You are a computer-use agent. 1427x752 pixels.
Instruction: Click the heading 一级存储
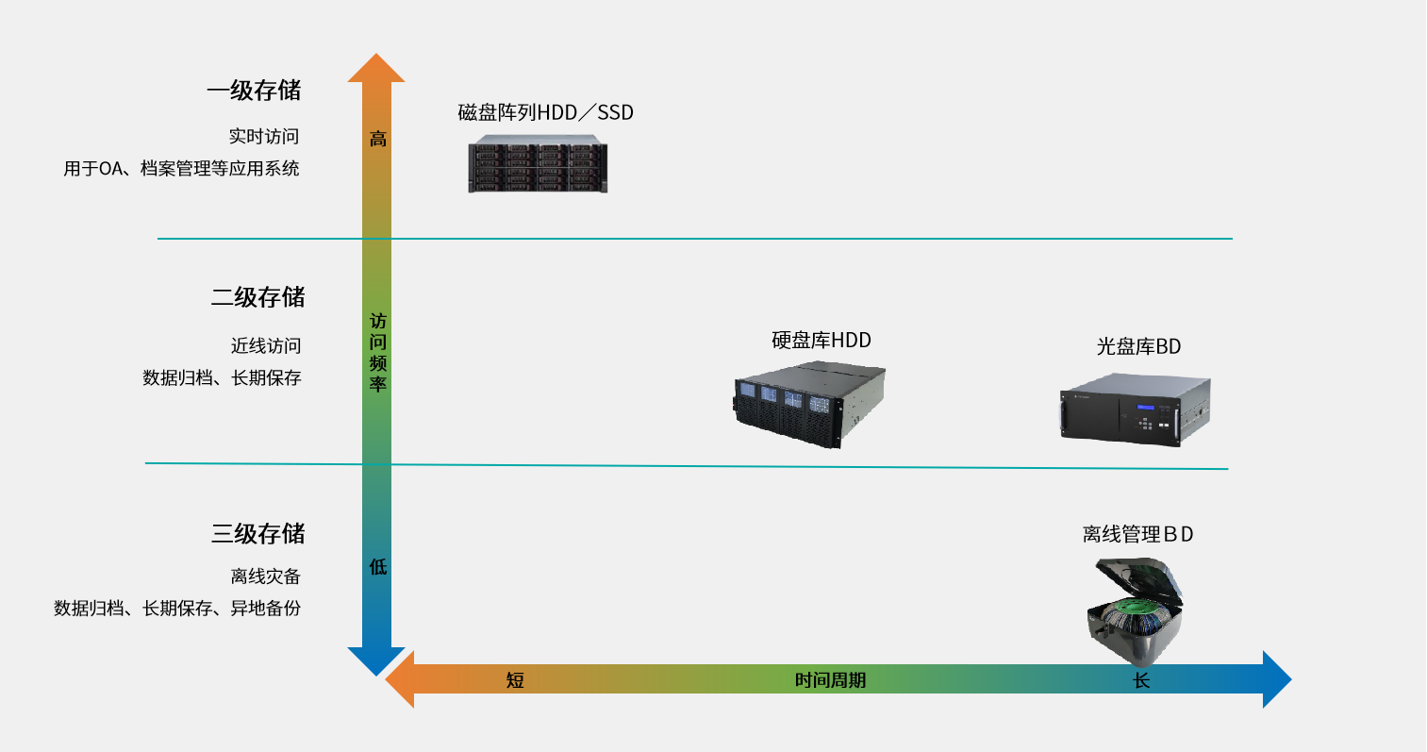click(x=254, y=91)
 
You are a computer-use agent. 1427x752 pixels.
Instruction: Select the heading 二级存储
click(x=258, y=297)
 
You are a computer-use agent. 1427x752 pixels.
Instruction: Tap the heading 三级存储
click(x=258, y=533)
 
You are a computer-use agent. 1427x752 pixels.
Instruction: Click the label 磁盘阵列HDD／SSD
click(x=545, y=113)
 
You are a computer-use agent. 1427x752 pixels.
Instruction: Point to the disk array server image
click(x=538, y=163)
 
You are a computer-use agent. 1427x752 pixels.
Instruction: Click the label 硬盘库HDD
click(x=821, y=341)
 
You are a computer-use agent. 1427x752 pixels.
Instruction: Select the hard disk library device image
click(x=809, y=405)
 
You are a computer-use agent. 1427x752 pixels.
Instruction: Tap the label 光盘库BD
click(x=1138, y=346)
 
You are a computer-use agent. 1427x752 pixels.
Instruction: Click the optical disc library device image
click(x=1136, y=409)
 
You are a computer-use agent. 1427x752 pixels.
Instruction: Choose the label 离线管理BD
click(x=1137, y=534)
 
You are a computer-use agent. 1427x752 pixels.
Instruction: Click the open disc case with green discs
click(x=1135, y=611)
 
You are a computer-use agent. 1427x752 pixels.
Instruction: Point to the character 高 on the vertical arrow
click(x=378, y=139)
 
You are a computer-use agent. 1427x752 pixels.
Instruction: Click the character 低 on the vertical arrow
click(x=378, y=566)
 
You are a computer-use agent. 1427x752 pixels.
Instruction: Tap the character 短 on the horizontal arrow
click(x=515, y=680)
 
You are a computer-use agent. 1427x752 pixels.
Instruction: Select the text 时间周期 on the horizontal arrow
click(x=830, y=680)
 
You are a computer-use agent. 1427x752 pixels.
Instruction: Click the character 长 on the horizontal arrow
click(x=1141, y=680)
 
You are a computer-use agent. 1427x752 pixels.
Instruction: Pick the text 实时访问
click(x=264, y=137)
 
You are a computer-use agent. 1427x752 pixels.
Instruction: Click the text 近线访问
click(x=266, y=346)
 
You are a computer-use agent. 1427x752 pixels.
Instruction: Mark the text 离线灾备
click(x=265, y=577)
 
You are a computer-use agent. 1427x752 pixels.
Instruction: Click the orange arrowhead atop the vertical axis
click(x=376, y=69)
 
